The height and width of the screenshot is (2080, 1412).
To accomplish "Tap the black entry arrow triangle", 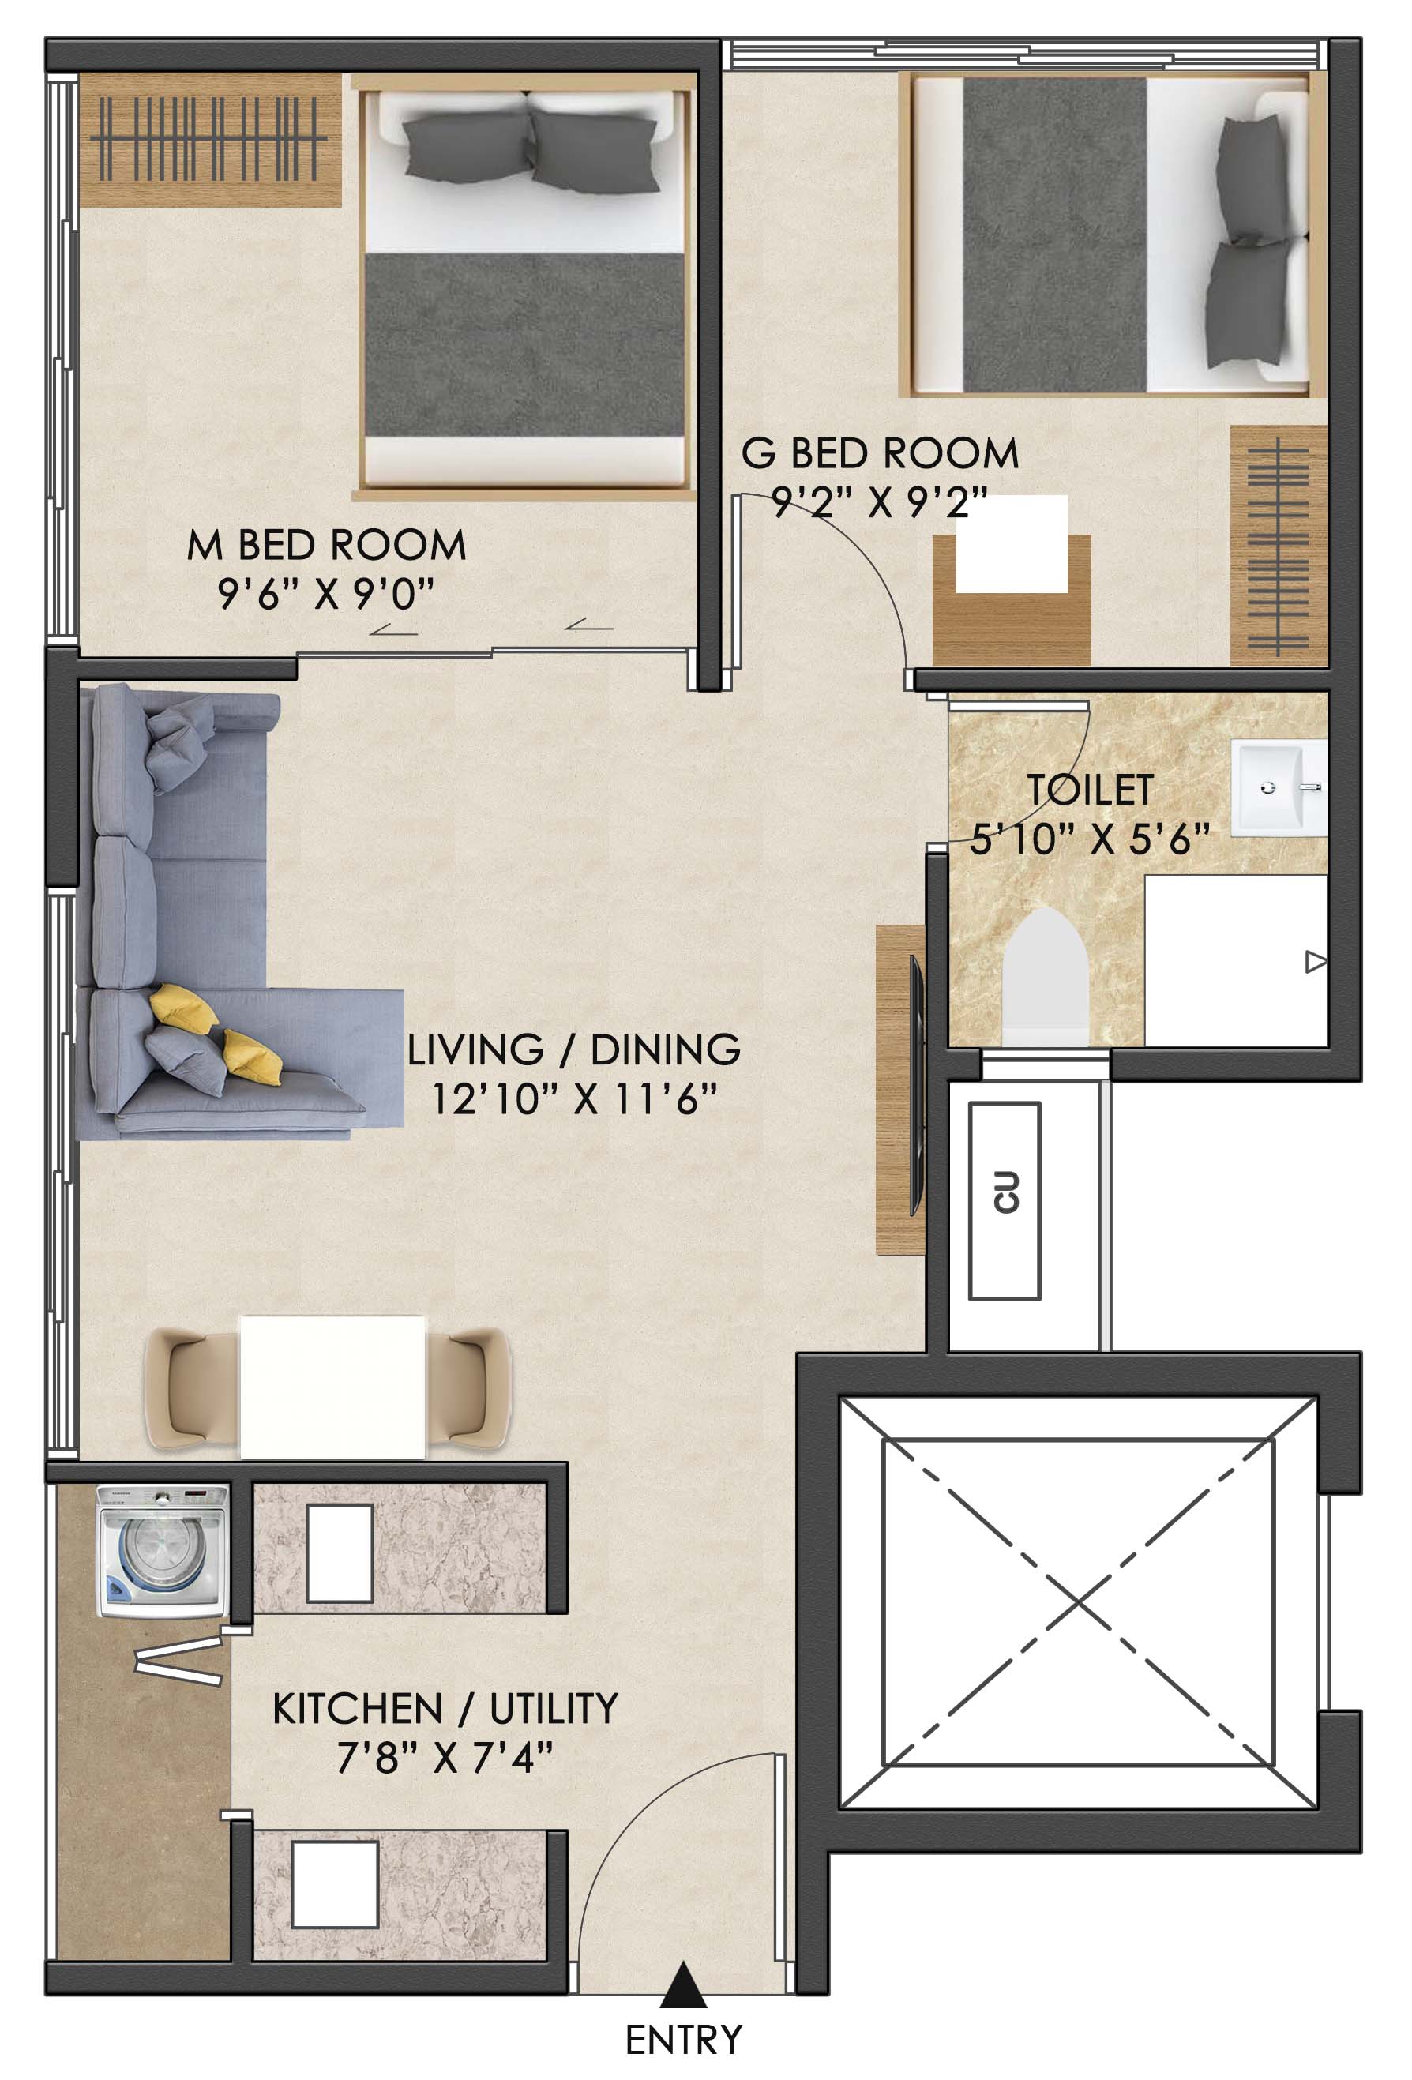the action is tap(684, 1984).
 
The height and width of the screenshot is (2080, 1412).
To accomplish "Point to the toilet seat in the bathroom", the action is tap(1045, 978).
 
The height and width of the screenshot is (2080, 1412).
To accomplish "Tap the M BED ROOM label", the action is tap(327, 545).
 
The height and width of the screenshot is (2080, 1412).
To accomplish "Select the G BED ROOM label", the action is tap(881, 452).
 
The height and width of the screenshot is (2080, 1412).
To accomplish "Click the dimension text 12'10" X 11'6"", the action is tap(574, 1099).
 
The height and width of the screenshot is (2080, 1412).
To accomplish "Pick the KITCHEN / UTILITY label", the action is tap(445, 1709).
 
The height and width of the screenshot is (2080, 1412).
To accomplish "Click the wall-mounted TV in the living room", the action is tap(915, 1085).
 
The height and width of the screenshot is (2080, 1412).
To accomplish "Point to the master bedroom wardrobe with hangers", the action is tap(210, 140).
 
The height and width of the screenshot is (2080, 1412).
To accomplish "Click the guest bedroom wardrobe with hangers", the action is tap(1278, 545).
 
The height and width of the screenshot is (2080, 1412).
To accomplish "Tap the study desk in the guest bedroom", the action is tap(1011, 599).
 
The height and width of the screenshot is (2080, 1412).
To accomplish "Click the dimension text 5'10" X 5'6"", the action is tap(1090, 839).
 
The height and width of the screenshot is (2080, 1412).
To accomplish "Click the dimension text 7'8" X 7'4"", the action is tap(445, 1758).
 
